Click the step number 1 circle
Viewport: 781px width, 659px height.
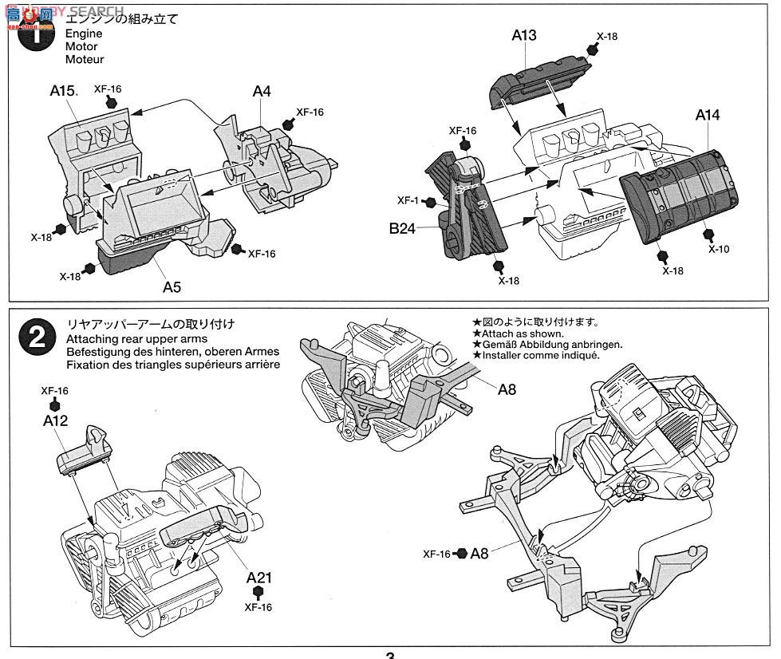pyautogui.click(x=36, y=34)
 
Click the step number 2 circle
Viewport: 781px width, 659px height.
pyautogui.click(x=36, y=338)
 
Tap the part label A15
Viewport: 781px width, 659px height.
pyautogui.click(x=63, y=91)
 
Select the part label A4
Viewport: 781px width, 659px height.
pyautogui.click(x=262, y=91)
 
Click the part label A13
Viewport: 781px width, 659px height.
pyautogui.click(x=524, y=34)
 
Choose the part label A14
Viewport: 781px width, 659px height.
pyautogui.click(x=707, y=115)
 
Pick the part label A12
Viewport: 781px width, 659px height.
pyautogui.click(x=56, y=420)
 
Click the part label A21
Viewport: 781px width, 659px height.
pyautogui.click(x=258, y=577)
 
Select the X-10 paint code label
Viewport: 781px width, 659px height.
pyautogui.click(x=718, y=248)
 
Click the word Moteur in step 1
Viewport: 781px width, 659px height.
pyautogui.click(x=85, y=59)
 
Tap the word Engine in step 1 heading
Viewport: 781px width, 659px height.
pyautogui.click(x=84, y=34)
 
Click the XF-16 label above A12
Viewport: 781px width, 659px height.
pyautogui.click(x=54, y=390)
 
